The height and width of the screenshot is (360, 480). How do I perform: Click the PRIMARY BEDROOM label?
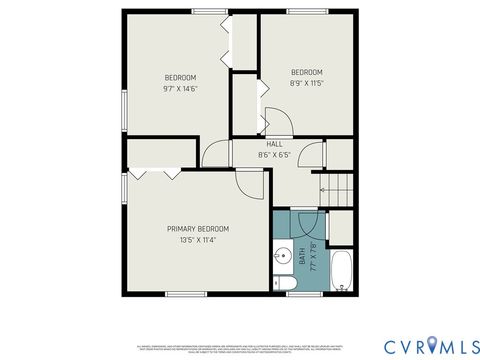tap(197, 228)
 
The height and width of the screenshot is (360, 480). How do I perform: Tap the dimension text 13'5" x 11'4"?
tap(197, 240)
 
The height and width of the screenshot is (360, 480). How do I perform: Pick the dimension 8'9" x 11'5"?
tap(306, 83)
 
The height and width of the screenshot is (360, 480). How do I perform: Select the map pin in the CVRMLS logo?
tap(432, 345)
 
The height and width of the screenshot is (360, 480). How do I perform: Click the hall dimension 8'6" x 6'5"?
tap(273, 155)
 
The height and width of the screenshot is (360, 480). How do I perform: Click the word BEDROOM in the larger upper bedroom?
tap(180, 78)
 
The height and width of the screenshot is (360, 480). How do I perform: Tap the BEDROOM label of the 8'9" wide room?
tap(306, 72)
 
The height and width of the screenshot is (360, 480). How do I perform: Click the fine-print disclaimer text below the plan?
tap(240, 319)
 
